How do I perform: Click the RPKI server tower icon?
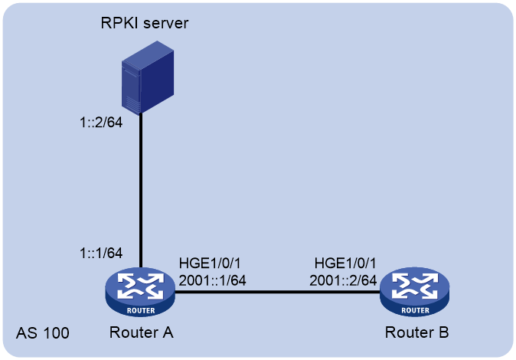148,77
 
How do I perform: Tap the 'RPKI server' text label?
145,23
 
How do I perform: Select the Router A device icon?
140,292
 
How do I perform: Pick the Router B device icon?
415,292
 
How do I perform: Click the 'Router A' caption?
141,332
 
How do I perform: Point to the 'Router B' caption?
416,332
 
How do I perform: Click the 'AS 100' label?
43,333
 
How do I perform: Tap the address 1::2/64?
101,123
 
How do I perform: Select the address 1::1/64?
101,253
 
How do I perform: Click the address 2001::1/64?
212,280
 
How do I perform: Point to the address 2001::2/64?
343,280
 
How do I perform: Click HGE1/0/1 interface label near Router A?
210,263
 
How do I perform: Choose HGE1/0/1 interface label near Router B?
345,263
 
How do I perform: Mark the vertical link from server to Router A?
141,191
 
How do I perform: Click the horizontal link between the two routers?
277,292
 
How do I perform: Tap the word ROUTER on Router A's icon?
141,310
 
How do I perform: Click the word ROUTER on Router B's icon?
415,310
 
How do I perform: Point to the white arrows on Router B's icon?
415,286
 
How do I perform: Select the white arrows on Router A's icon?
140,286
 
